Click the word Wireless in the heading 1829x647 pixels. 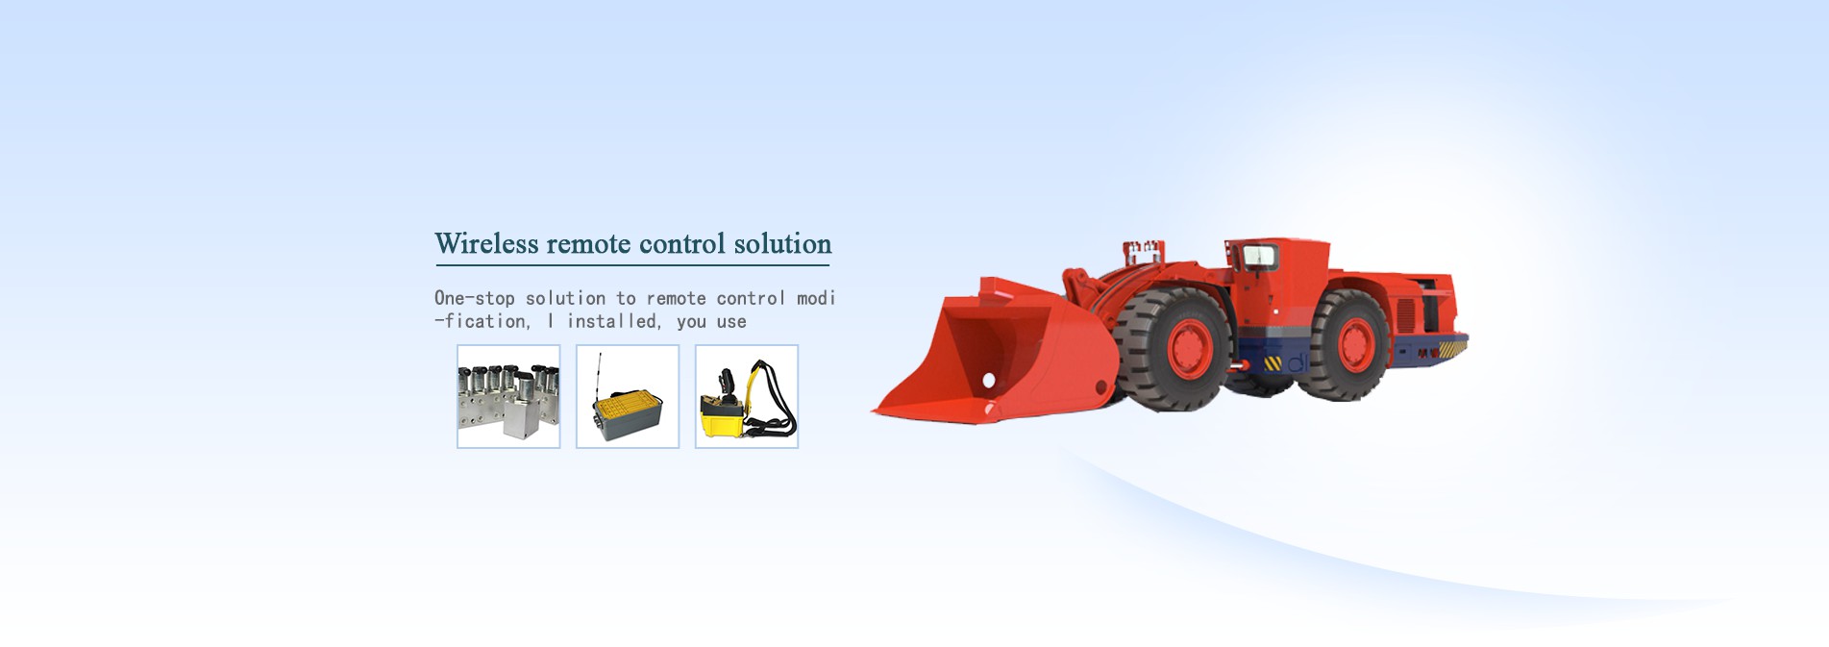[x=486, y=243]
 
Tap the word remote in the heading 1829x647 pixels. [x=589, y=244]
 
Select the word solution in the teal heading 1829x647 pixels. [x=782, y=243]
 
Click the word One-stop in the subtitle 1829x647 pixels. [x=475, y=298]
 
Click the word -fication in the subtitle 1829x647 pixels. [x=482, y=321]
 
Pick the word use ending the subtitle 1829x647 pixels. [x=731, y=322]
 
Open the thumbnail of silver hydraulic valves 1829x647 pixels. [x=508, y=396]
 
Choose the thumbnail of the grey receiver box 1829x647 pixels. [x=628, y=396]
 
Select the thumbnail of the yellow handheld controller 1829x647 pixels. [x=747, y=396]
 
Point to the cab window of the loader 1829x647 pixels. [x=1258, y=257]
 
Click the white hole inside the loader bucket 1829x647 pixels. [x=988, y=382]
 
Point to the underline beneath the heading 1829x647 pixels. [x=632, y=264]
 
